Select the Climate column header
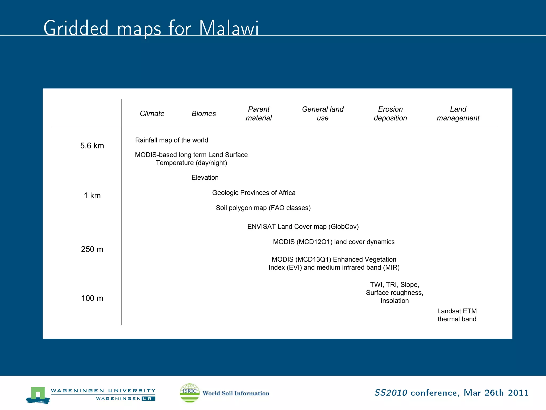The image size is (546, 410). pos(152,114)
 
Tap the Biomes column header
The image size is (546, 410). pos(204,114)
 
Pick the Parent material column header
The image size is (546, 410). pos(259,113)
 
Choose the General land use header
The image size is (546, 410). pos(323,113)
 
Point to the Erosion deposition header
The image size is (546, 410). pos(390,113)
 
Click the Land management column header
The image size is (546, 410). pos(458,113)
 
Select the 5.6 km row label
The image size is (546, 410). pos(92,146)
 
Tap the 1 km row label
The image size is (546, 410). pos(92,196)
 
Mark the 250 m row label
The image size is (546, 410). pos(92,249)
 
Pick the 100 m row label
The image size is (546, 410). pos(92,298)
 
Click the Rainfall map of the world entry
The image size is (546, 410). pos(171,140)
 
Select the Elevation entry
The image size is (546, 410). pos(205,178)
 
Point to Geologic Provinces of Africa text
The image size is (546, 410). pos(254,193)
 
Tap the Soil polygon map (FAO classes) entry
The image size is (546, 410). pos(263,208)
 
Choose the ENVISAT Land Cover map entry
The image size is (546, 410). pos(303,227)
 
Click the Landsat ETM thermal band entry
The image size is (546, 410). pos(457,315)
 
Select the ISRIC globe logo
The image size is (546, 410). pos(190,393)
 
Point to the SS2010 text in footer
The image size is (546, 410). pos(391,393)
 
